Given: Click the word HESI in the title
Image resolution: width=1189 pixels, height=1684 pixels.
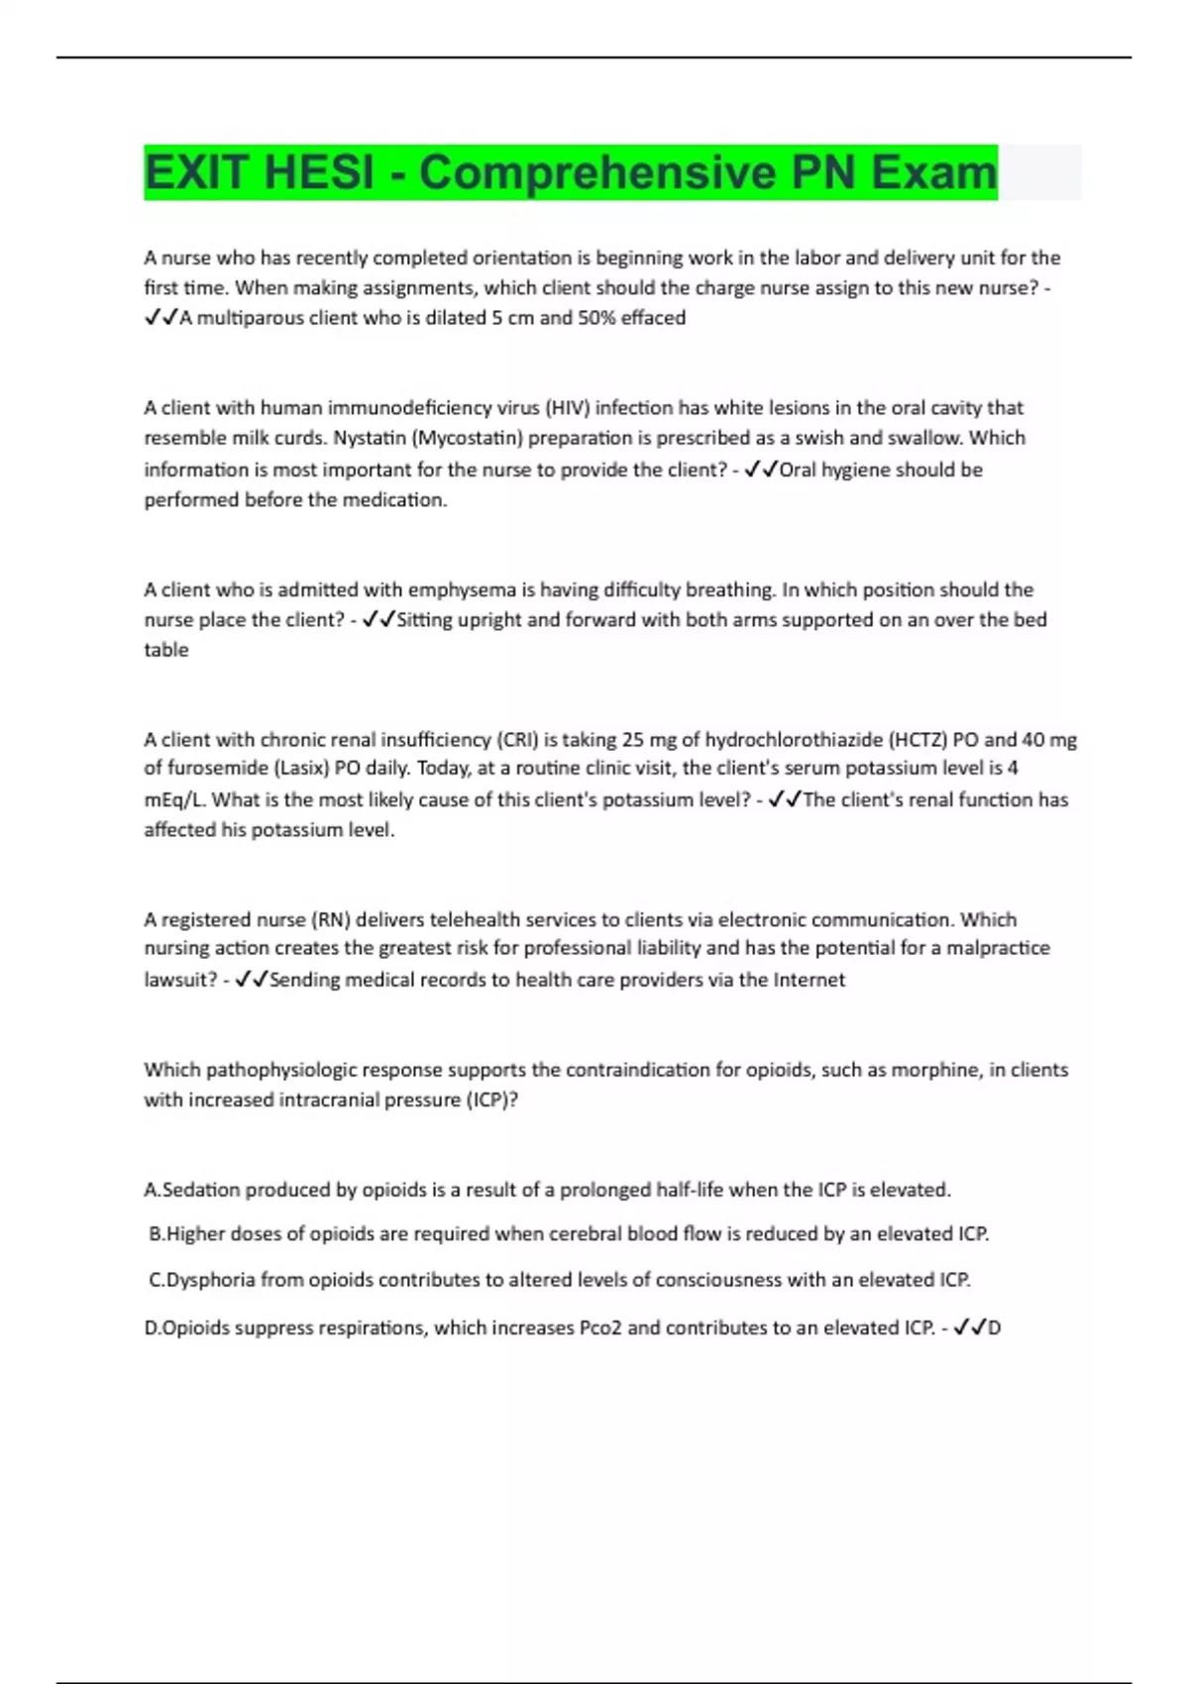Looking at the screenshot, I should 320,172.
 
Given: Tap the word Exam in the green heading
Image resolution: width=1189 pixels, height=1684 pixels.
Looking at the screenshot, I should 933,172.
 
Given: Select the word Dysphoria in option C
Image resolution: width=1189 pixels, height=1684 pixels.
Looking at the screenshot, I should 210,1280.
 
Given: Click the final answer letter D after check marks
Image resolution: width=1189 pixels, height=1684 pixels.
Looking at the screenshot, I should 995,1328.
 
